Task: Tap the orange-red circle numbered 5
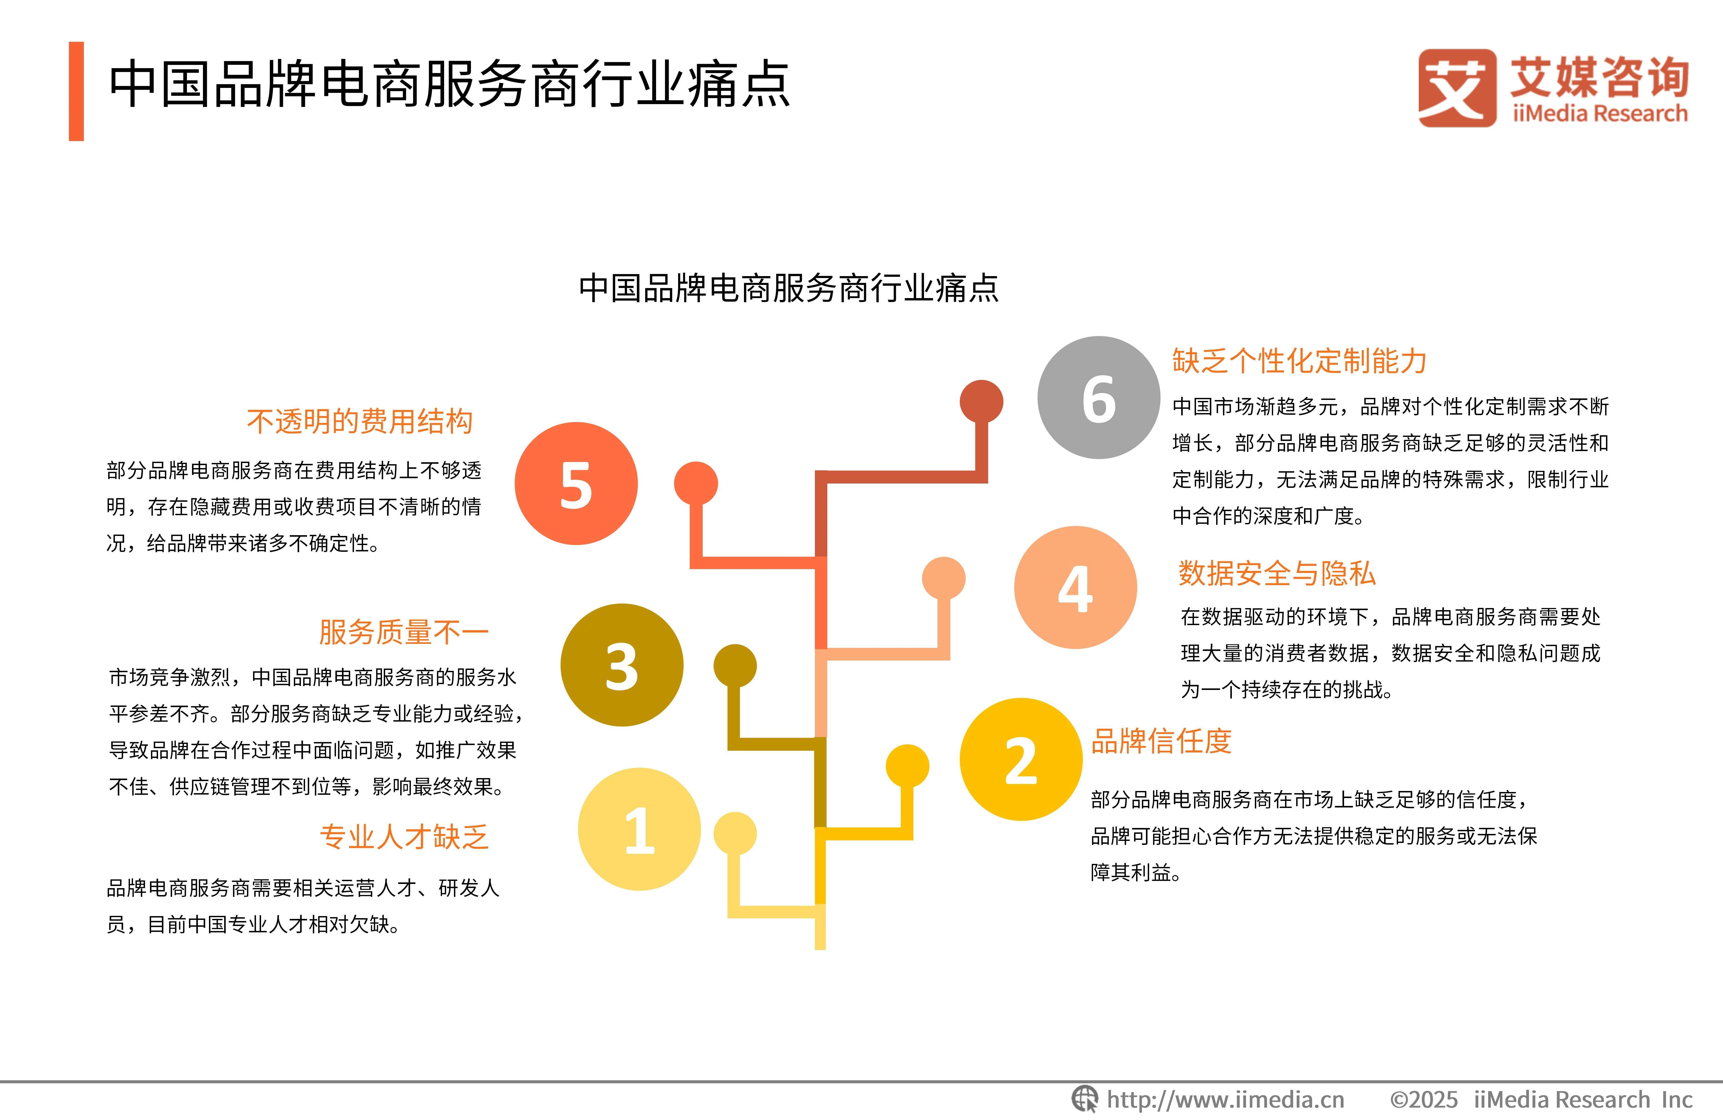(576, 484)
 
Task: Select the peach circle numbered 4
(1076, 587)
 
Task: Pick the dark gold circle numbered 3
(622, 665)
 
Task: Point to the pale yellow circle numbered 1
(639, 829)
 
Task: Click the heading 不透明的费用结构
(360, 421)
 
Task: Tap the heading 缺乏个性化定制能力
(1299, 361)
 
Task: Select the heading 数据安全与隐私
(1277, 573)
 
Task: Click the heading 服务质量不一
(404, 632)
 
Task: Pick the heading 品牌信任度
(1161, 741)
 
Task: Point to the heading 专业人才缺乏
(404, 837)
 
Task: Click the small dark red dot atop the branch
(982, 401)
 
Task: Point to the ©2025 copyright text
(1423, 1100)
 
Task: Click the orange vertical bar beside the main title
(76, 91)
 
